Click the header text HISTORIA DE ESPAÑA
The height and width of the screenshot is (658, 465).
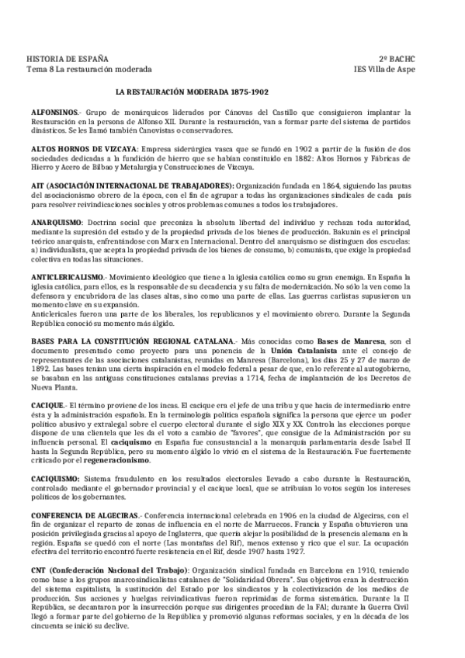pyautogui.click(x=68, y=60)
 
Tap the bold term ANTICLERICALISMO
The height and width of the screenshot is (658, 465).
pyautogui.click(x=67, y=277)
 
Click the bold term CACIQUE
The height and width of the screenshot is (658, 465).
pyautogui.click(x=47, y=405)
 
